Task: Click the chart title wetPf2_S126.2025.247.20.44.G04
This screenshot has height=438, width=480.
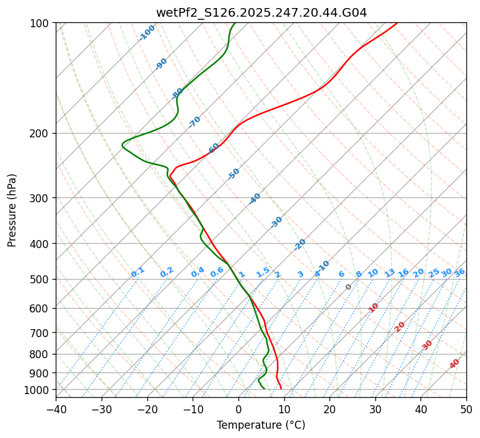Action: click(x=261, y=11)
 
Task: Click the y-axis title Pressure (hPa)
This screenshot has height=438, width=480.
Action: click(x=12, y=210)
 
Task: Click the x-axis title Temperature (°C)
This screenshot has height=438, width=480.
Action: click(x=261, y=426)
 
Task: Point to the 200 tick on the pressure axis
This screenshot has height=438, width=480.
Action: click(x=41, y=133)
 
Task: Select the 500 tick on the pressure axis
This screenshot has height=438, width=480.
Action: click(x=41, y=279)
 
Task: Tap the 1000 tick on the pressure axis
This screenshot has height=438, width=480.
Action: click(x=38, y=390)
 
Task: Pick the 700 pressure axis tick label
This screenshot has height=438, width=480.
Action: click(x=41, y=333)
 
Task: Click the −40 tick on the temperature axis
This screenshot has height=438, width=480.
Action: click(x=56, y=410)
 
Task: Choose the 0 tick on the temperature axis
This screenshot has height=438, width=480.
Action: click(x=238, y=410)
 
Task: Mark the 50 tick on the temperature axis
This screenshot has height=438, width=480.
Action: click(x=466, y=410)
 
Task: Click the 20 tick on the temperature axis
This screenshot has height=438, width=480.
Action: click(x=329, y=410)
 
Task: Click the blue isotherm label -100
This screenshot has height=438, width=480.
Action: click(x=147, y=33)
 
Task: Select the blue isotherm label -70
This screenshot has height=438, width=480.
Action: click(x=194, y=122)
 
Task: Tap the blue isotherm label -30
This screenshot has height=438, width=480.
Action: click(x=276, y=222)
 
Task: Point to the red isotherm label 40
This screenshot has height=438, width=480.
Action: click(x=455, y=364)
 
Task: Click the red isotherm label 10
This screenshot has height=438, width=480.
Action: click(x=373, y=307)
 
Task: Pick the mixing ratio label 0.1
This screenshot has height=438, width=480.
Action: click(x=137, y=272)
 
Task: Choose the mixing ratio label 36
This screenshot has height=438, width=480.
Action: click(x=460, y=272)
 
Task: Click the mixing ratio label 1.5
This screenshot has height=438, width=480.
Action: click(x=263, y=272)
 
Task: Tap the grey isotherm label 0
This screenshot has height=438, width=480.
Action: click(x=349, y=287)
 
